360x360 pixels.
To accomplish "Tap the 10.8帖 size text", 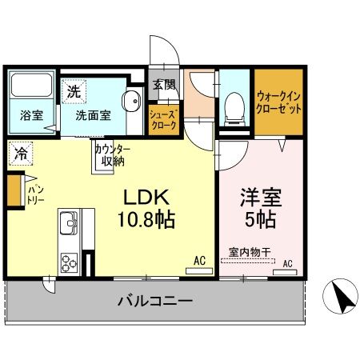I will (x=149, y=218).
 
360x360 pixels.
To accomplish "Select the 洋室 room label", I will (x=261, y=196).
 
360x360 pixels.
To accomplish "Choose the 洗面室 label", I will (x=93, y=115).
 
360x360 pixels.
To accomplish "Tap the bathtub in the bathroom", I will (x=31, y=86).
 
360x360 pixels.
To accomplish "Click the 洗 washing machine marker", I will (x=74, y=91).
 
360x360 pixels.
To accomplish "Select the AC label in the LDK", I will (x=199, y=259).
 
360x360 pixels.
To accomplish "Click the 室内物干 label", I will (x=250, y=251).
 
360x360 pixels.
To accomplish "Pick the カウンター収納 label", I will (x=112, y=155).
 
